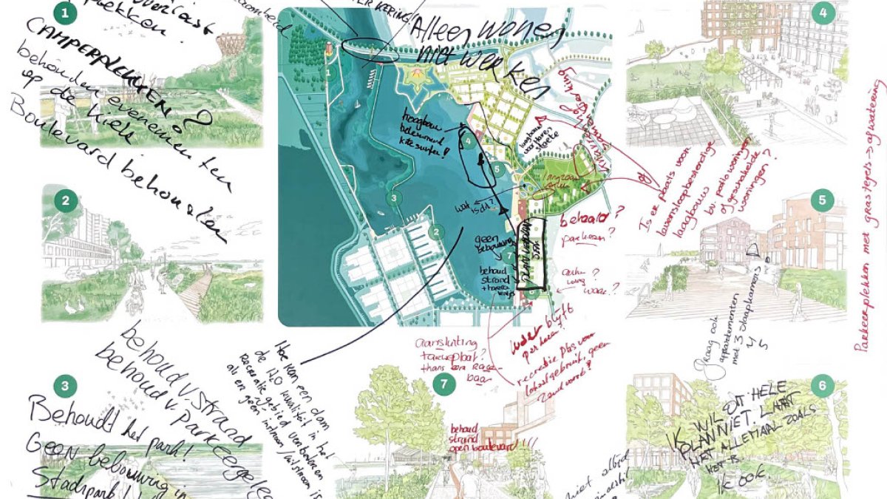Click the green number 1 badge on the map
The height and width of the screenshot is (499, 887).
pyautogui.click(x=327, y=72)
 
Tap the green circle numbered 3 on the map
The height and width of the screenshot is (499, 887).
pyautogui.click(x=394, y=198)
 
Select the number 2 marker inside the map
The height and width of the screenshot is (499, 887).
pyautogui.click(x=437, y=232)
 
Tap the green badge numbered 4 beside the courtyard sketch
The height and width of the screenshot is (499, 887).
pyautogui.click(x=822, y=13)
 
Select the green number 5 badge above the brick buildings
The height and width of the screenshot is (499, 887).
pyautogui.click(x=822, y=200)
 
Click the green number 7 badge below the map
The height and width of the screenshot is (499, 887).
pyautogui.click(x=443, y=384)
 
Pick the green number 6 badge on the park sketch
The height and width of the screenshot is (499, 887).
pyautogui.click(x=822, y=385)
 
